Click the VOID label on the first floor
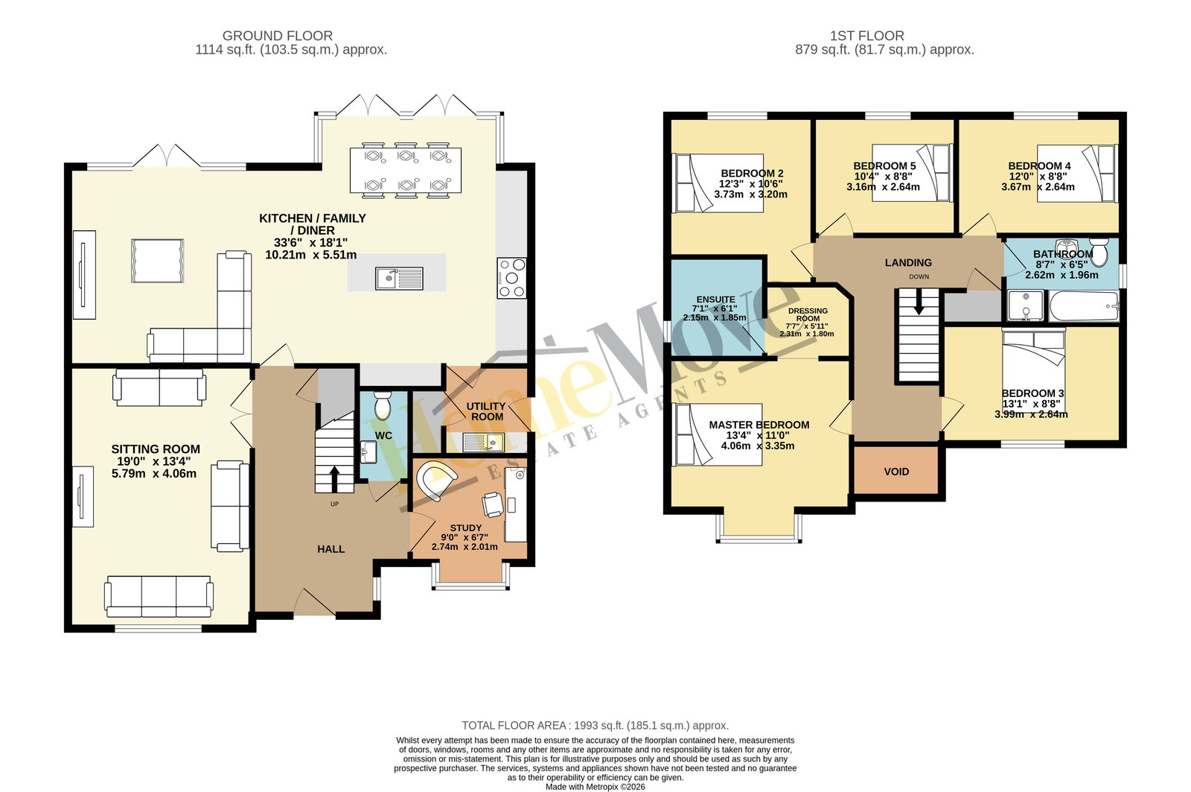coord(896,472)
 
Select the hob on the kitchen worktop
coord(511,278)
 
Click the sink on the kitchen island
coord(399,279)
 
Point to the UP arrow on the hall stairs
coord(334,479)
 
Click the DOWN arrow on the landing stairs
coord(919,302)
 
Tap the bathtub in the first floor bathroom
coord(1084,306)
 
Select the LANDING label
coord(908,262)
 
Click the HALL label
coord(331,549)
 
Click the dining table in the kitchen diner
coord(406,171)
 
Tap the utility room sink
coord(483,443)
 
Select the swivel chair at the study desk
coord(492,504)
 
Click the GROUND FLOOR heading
coord(278,36)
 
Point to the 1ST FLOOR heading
coord(867,36)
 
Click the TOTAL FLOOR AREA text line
coord(595,726)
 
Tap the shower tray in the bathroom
coord(1026,306)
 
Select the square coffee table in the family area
coord(157,261)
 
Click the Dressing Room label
coord(808,314)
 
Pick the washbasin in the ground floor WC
coord(368,452)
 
